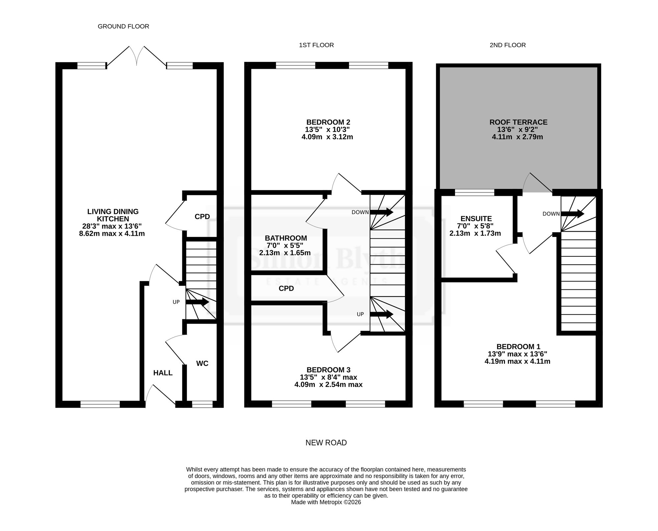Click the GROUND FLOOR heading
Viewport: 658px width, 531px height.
coord(123,26)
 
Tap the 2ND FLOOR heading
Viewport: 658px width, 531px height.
coord(508,45)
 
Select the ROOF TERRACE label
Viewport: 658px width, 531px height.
coord(518,122)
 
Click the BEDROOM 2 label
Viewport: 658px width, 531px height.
coord(328,122)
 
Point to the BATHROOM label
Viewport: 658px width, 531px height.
coord(286,238)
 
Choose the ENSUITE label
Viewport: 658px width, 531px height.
coord(476,219)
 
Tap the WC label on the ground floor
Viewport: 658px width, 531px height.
coord(202,363)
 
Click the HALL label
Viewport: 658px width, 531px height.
coord(163,373)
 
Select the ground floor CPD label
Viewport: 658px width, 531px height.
coord(202,217)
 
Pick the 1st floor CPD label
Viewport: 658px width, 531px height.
coord(286,289)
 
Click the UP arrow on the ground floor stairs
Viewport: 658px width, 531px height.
coord(197,302)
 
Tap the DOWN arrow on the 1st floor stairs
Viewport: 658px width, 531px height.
coord(382,212)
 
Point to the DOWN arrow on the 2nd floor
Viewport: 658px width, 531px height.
coord(572,214)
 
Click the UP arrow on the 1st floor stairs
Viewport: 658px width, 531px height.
coord(382,314)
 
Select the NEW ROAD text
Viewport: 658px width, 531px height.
coord(326,443)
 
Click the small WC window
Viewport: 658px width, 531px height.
coord(202,404)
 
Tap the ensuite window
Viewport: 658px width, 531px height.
coord(475,192)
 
